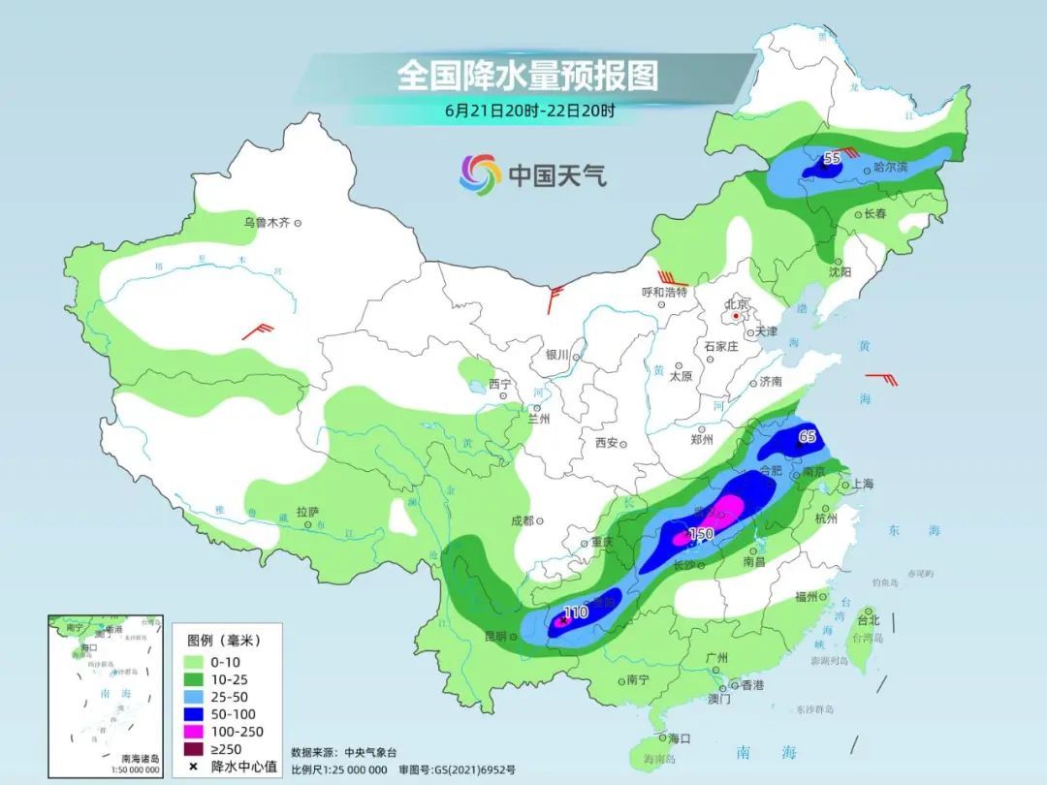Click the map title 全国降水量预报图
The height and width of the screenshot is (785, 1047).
(x=527, y=76)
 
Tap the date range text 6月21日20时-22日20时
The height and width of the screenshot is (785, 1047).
(x=529, y=110)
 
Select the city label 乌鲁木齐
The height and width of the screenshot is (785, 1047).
(x=267, y=223)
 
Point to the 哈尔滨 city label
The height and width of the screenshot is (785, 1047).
(x=890, y=168)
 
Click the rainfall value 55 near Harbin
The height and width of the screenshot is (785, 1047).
(x=831, y=157)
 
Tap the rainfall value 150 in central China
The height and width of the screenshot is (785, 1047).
(x=700, y=534)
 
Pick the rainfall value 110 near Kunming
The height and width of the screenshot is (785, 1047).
(x=576, y=612)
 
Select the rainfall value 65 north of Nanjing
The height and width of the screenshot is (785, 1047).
(x=806, y=437)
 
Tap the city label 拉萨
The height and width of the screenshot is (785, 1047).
(x=307, y=511)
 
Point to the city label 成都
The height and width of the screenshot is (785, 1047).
(x=522, y=520)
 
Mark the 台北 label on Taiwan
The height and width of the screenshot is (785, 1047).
(x=869, y=620)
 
